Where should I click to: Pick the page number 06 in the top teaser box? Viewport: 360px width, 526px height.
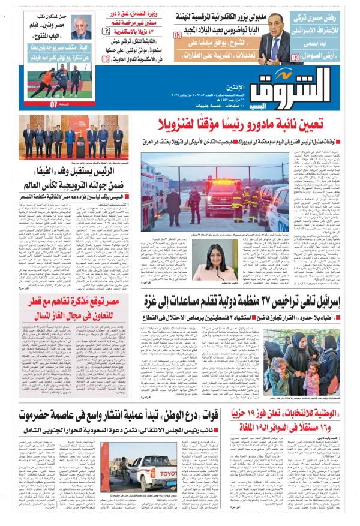106,59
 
